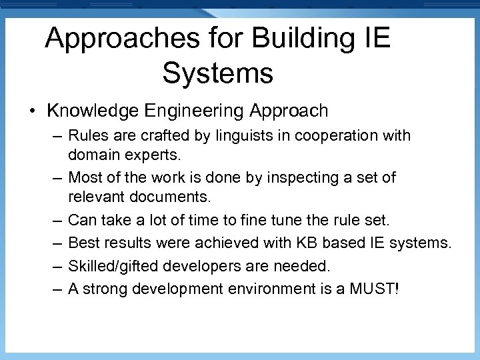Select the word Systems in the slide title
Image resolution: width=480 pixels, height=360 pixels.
coord(217,73)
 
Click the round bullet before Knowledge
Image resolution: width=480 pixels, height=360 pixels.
coord(32,111)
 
